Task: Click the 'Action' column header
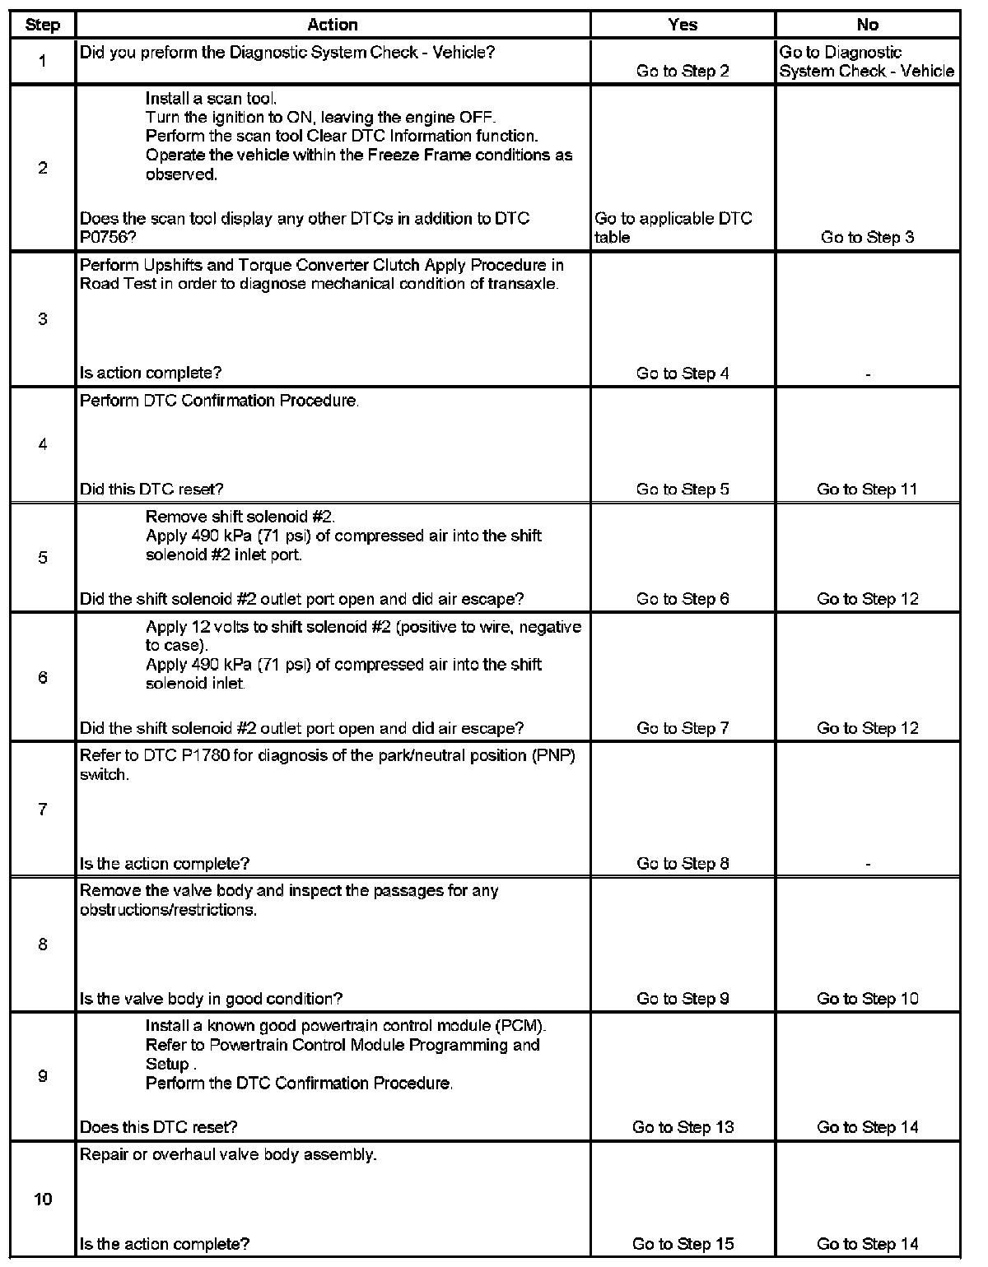click(333, 25)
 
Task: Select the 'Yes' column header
click(683, 25)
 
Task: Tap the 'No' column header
click(867, 25)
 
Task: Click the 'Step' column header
click(42, 25)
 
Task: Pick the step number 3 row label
click(42, 319)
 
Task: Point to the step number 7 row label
click(42, 810)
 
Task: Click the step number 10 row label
click(42, 1200)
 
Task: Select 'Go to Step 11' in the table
click(867, 490)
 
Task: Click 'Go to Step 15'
click(683, 1244)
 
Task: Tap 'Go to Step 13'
click(683, 1127)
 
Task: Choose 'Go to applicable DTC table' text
click(673, 228)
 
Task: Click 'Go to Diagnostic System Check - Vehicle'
click(867, 62)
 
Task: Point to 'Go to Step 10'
click(867, 999)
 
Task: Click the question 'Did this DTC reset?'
click(151, 490)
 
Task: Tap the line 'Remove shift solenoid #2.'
click(240, 517)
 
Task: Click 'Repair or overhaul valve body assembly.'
click(228, 1154)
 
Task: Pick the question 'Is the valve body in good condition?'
click(211, 999)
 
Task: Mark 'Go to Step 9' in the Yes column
click(683, 999)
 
